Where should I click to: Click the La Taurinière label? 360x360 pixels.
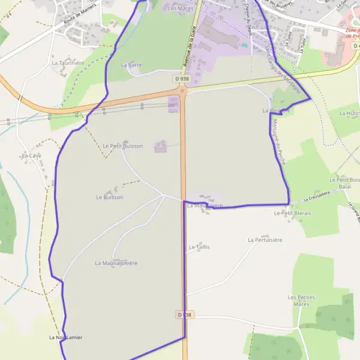point(67,62)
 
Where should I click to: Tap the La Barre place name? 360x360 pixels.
point(131,64)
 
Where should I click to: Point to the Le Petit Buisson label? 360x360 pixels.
point(122,146)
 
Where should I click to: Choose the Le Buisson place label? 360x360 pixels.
point(109,197)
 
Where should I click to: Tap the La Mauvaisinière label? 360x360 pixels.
point(116,263)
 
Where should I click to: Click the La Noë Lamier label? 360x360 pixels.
point(65,337)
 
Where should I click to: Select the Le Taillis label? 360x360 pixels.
point(199,247)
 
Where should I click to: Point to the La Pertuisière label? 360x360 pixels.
point(265,239)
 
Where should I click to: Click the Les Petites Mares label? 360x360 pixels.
point(302,301)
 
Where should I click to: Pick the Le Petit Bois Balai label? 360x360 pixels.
point(340,183)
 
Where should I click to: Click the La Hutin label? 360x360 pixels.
point(349,113)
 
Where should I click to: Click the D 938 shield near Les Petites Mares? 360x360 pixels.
point(185,314)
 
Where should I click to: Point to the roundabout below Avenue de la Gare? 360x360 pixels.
point(182,91)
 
